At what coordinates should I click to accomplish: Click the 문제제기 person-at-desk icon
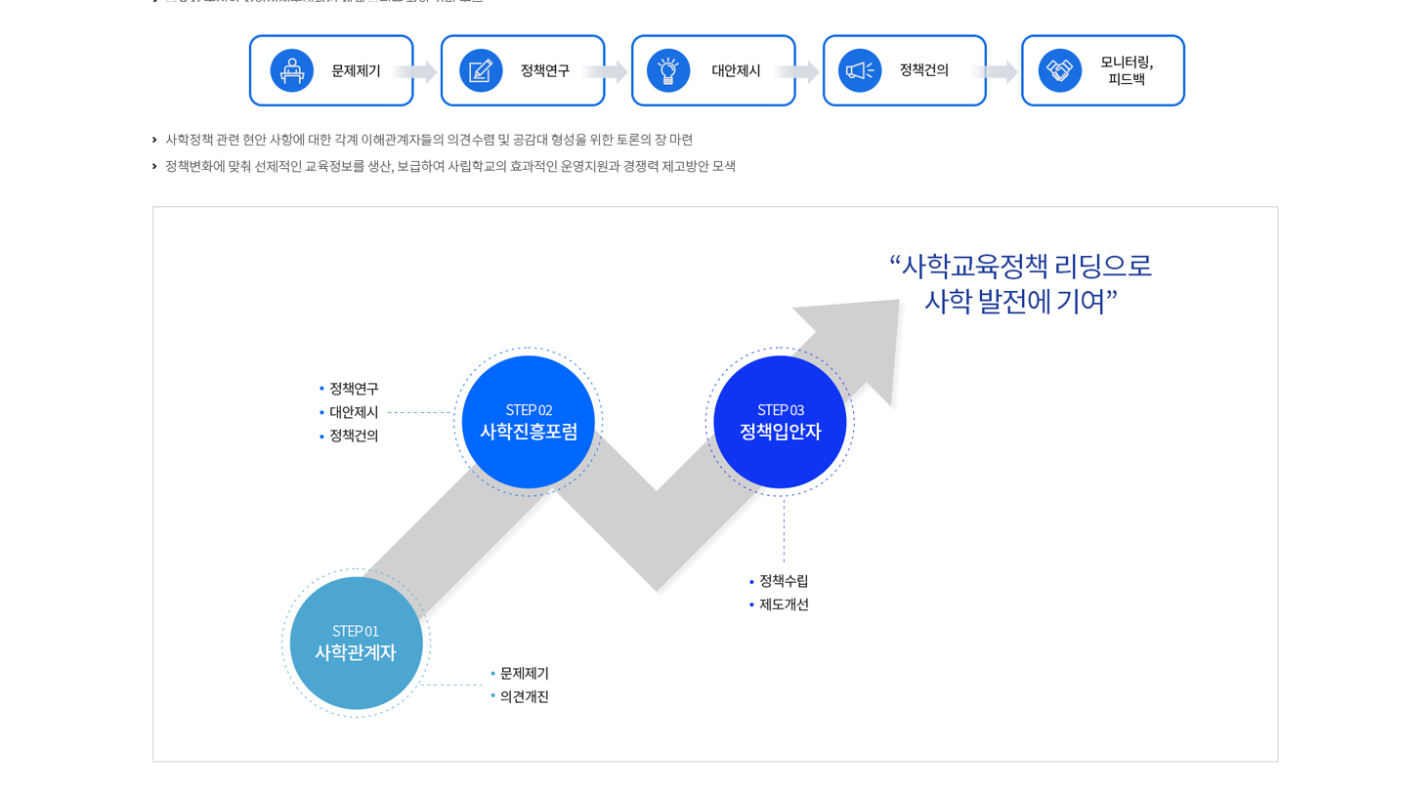pyautogui.click(x=291, y=70)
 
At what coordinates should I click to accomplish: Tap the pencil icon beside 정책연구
pyautogui.click(x=481, y=70)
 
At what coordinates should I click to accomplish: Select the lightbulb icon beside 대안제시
pyautogui.click(x=668, y=70)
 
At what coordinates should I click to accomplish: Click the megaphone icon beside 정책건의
pyautogui.click(x=860, y=70)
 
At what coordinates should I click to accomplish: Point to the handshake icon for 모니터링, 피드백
pyautogui.click(x=1059, y=70)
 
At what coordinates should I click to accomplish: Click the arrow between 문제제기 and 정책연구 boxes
pyautogui.click(x=414, y=71)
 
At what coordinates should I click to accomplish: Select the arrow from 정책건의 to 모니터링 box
pyautogui.click(x=996, y=71)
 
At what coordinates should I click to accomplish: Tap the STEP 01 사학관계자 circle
pyautogui.click(x=356, y=643)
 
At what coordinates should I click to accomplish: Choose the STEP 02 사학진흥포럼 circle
pyautogui.click(x=528, y=422)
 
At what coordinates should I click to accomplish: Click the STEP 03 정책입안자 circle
pyautogui.click(x=780, y=422)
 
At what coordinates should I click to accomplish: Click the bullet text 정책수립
pyautogui.click(x=784, y=581)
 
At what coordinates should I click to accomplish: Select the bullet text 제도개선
pyautogui.click(x=784, y=604)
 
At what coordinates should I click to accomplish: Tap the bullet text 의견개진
pyautogui.click(x=524, y=696)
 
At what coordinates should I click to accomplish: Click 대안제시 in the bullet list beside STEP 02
pyautogui.click(x=354, y=412)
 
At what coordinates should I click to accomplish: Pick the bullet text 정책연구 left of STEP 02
pyautogui.click(x=354, y=389)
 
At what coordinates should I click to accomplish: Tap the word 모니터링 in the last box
pyautogui.click(x=1127, y=62)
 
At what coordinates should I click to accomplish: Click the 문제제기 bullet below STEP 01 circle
pyautogui.click(x=524, y=673)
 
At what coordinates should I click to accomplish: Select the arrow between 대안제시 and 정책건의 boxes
pyautogui.click(x=796, y=71)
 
